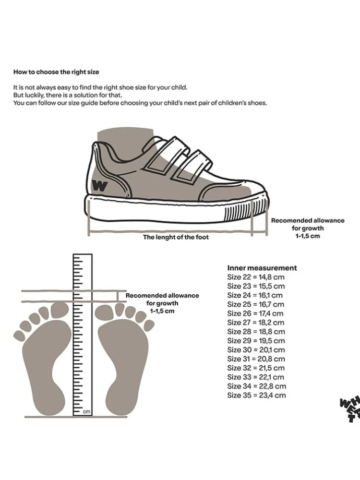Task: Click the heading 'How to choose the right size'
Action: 56,71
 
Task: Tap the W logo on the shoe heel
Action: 100,185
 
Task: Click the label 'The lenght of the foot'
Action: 176,237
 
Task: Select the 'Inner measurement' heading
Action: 262,268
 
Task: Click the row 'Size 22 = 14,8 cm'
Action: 256,277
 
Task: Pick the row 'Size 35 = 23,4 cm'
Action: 256,395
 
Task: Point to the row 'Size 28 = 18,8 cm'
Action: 256,332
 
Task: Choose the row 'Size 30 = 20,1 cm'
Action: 256,350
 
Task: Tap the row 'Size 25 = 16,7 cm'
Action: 256,304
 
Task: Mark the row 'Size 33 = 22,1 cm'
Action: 256,377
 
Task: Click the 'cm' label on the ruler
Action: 86,412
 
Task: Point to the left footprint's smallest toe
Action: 18,335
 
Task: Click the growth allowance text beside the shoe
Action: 307,228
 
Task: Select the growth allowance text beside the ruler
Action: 162,303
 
